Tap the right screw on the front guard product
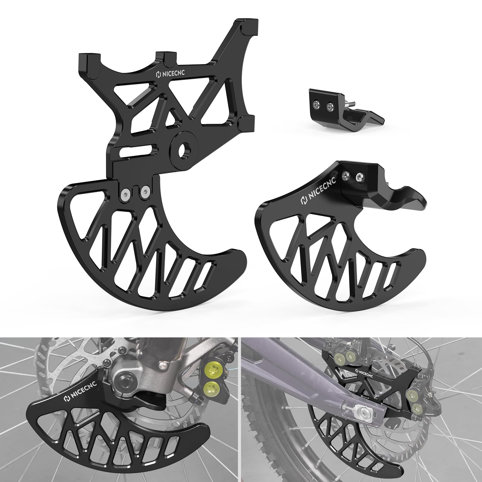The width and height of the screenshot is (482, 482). pyautogui.click(x=359, y=177)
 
